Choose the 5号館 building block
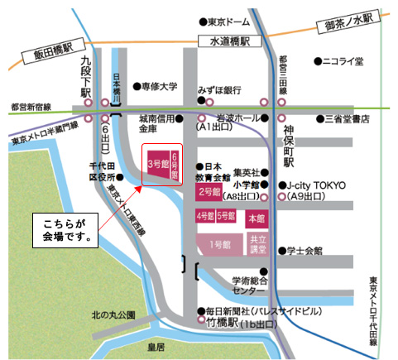tap(225, 216)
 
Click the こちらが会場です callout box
tap(65, 229)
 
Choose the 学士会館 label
tap(311, 249)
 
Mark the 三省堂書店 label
tap(348, 119)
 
